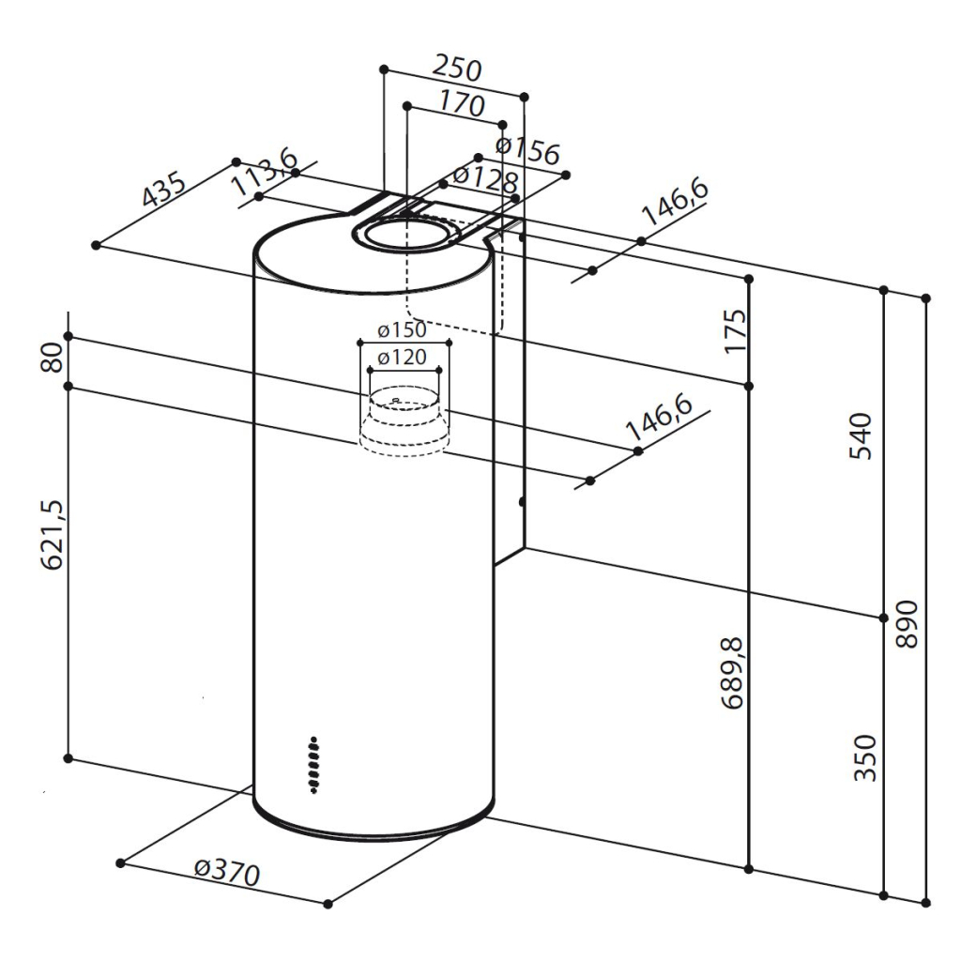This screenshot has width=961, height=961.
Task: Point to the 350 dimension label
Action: tap(864, 758)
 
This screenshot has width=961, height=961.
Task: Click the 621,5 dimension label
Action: tap(53, 535)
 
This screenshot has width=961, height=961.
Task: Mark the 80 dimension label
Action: tap(53, 358)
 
